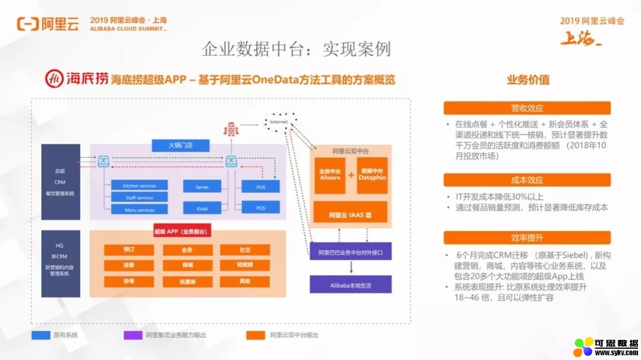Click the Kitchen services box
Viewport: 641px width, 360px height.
(139, 186)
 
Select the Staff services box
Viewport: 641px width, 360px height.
(139, 197)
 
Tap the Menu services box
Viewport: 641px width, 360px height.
(139, 210)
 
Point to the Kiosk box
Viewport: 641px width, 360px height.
(202, 208)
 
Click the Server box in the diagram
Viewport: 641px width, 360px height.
(202, 187)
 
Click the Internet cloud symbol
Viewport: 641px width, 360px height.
(279, 122)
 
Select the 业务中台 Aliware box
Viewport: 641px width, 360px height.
(330, 175)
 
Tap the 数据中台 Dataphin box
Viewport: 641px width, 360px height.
(372, 175)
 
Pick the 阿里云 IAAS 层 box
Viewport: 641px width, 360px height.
(350, 212)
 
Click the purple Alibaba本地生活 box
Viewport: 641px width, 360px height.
(350, 285)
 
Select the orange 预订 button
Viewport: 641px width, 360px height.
(129, 250)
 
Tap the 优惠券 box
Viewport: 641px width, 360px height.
(187, 282)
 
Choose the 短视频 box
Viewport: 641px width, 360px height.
(245, 266)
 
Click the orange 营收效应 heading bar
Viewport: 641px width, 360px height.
(527, 108)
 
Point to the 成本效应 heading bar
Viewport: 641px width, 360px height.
(527, 180)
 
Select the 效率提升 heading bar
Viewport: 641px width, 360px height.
(527, 238)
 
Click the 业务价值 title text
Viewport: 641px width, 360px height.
(528, 79)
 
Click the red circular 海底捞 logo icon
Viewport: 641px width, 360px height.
(55, 79)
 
